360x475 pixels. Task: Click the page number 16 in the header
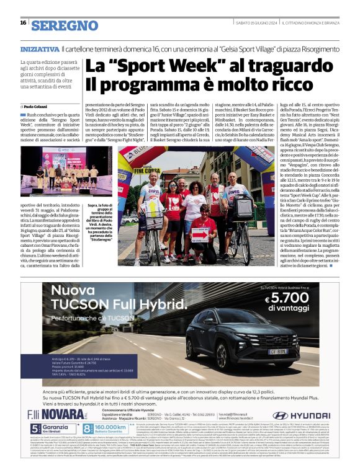point(23,22)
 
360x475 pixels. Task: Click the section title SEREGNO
point(65,25)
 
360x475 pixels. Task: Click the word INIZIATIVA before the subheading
point(40,48)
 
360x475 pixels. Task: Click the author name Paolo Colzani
point(39,107)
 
